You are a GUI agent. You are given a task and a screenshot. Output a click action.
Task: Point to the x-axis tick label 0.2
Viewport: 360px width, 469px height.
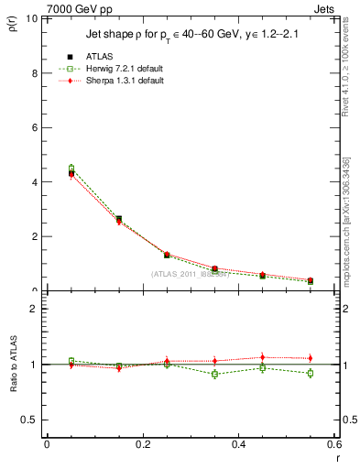pyautogui.click(x=142, y=444)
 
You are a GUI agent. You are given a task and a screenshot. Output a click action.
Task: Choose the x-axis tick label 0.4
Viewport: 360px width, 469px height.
pyautogui.click(x=238, y=444)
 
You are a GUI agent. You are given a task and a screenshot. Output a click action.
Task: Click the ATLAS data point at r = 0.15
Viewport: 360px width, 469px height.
pyautogui.click(x=118, y=220)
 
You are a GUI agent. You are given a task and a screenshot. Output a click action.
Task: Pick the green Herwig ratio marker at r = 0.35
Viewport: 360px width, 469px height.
pyautogui.click(x=214, y=374)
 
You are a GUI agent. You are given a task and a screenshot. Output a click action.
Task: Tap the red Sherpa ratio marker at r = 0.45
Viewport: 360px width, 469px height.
pyautogui.click(x=262, y=357)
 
